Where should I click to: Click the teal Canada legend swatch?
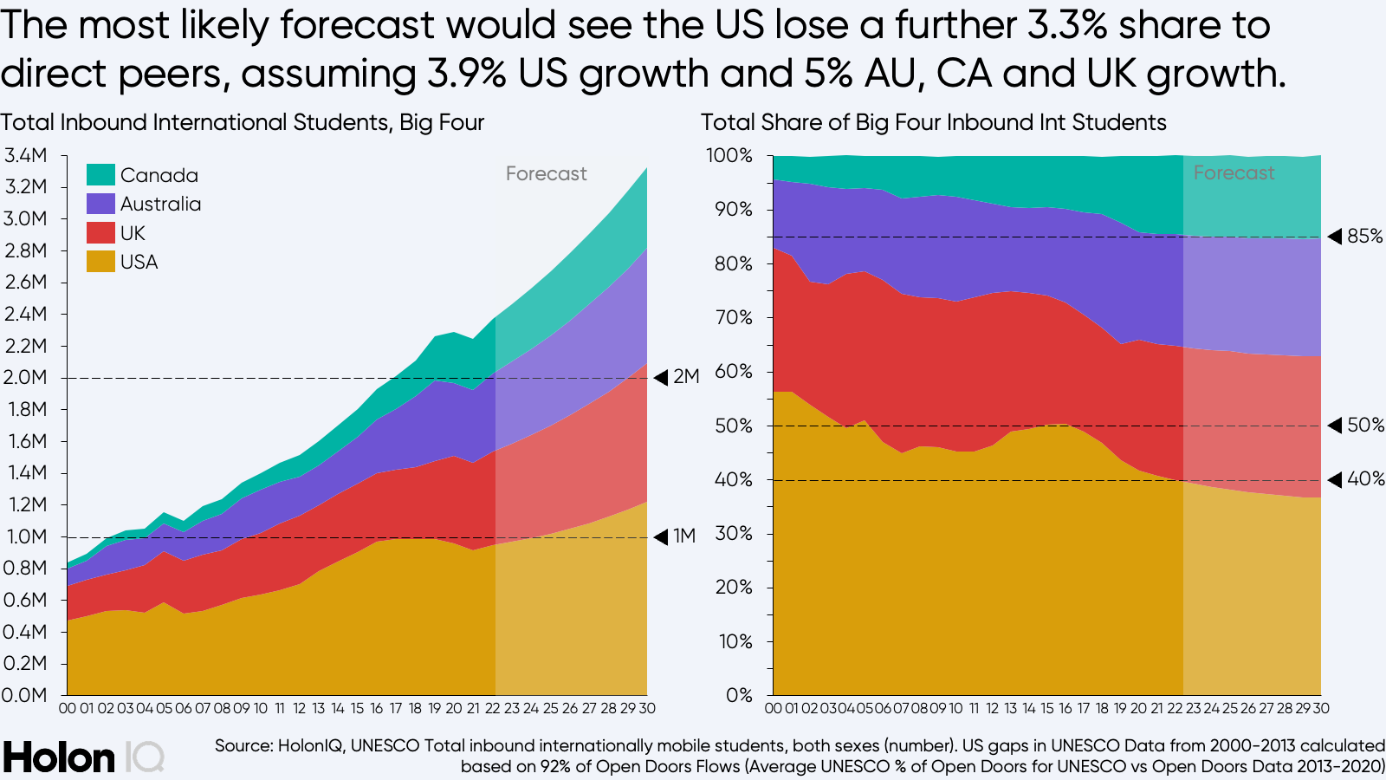pyautogui.click(x=100, y=175)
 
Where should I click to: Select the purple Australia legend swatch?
pyautogui.click(x=100, y=204)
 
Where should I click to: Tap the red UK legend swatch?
pyautogui.click(x=100, y=233)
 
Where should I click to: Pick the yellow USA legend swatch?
pyautogui.click(x=100, y=262)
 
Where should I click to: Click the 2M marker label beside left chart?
pyautogui.click(x=685, y=377)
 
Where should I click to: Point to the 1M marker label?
pyautogui.click(x=683, y=536)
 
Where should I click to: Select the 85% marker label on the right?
pyautogui.click(x=1364, y=237)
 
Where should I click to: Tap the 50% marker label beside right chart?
pyautogui.click(x=1364, y=426)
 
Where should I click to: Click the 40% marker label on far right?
pyautogui.click(x=1364, y=479)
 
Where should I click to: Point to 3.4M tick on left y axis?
pyautogui.click(x=25, y=156)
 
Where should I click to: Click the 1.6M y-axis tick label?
pyautogui.click(x=25, y=441)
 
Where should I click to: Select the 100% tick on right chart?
pyautogui.click(x=729, y=156)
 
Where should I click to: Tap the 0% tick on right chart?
pyautogui.click(x=739, y=695)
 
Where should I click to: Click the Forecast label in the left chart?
pyautogui.click(x=546, y=174)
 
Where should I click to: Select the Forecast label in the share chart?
pyautogui.click(x=1234, y=173)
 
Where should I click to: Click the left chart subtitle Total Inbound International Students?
pyautogui.click(x=242, y=123)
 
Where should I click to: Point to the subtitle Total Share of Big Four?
pyautogui.click(x=933, y=123)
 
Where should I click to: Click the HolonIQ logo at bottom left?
pyautogui.click(x=82, y=757)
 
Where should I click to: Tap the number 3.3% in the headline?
pyautogui.click(x=1066, y=26)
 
